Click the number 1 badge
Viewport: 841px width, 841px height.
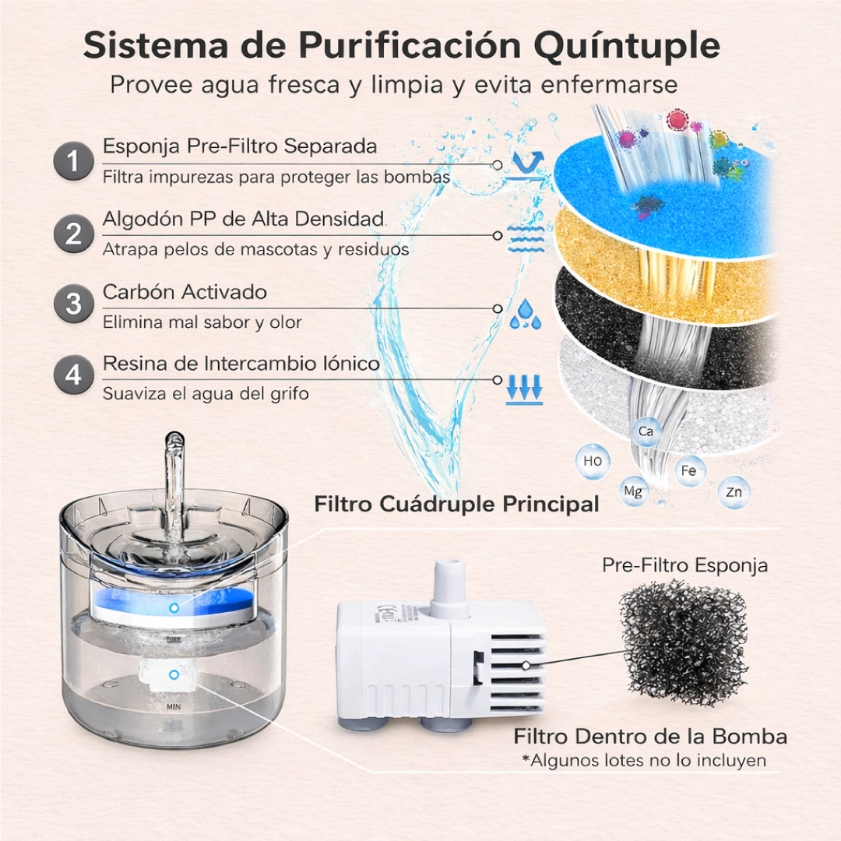73,161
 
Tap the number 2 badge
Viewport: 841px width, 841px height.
73,234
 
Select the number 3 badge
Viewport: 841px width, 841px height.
73,304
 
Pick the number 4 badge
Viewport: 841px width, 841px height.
73,375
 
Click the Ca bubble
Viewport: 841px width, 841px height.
646,431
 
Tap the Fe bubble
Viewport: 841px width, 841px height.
688,470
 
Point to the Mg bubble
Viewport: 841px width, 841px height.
633,491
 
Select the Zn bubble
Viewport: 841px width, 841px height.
734,492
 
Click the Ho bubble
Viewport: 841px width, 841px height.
592,461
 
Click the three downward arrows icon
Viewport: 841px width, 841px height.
525,388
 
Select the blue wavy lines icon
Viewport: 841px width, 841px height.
525,239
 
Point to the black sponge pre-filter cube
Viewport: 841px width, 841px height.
682,642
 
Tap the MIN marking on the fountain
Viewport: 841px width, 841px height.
173,707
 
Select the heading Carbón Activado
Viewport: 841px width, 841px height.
185,292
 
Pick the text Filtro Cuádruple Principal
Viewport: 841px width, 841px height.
456,504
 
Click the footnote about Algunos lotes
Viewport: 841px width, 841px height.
644,761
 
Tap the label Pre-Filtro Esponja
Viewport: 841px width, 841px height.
685,565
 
